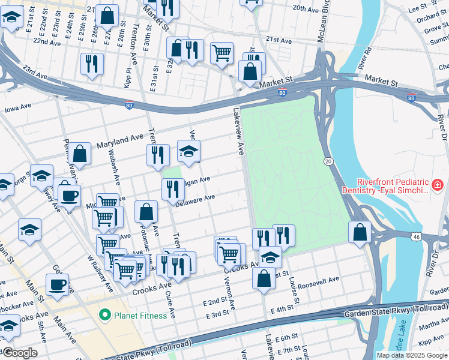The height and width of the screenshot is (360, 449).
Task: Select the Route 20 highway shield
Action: pyautogui.click(x=328, y=161)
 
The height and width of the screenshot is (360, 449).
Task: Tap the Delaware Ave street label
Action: pyautogui.click(x=195, y=199)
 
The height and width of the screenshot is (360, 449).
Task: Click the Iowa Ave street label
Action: pyautogui.click(x=18, y=107)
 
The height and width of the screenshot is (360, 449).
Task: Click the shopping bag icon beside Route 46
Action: pyautogui.click(x=360, y=232)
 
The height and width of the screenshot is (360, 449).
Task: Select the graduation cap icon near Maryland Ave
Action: pyautogui.click(x=188, y=152)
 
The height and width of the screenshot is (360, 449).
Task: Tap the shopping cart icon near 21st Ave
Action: pyautogui.click(x=222, y=53)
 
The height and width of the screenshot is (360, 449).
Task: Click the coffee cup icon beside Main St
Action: pyautogui.click(x=58, y=285)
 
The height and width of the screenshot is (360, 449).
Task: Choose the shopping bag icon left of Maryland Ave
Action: pyautogui.click(x=79, y=154)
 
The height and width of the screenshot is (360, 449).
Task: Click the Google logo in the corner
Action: pyautogui.click(x=19, y=353)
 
